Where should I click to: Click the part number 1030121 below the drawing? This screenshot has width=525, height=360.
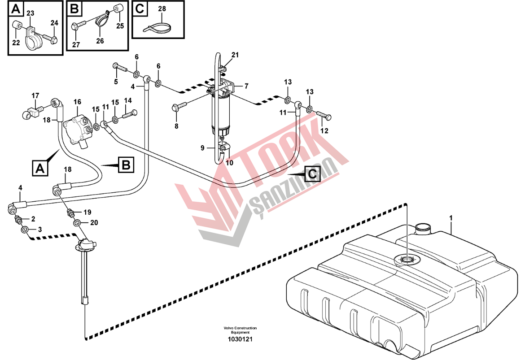(240, 339)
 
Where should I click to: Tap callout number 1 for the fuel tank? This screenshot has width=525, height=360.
(451, 218)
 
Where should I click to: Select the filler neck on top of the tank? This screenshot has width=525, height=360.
(422, 229)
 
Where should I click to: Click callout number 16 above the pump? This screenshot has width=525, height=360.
(77, 102)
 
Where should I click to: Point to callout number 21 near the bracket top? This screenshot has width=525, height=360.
(235, 55)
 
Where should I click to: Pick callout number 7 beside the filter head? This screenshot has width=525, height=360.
(246, 86)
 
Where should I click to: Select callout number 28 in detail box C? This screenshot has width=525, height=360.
(162, 9)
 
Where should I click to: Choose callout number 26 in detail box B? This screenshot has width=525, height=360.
(100, 41)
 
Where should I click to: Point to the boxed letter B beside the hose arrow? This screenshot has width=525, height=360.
(126, 165)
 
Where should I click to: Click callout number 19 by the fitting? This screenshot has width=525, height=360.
(87, 212)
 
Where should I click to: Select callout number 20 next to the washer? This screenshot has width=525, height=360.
(94, 222)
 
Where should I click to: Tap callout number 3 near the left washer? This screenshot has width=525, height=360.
(40, 229)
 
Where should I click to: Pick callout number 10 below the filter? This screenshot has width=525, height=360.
(229, 163)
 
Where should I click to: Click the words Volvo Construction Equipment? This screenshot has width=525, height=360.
(240, 330)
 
